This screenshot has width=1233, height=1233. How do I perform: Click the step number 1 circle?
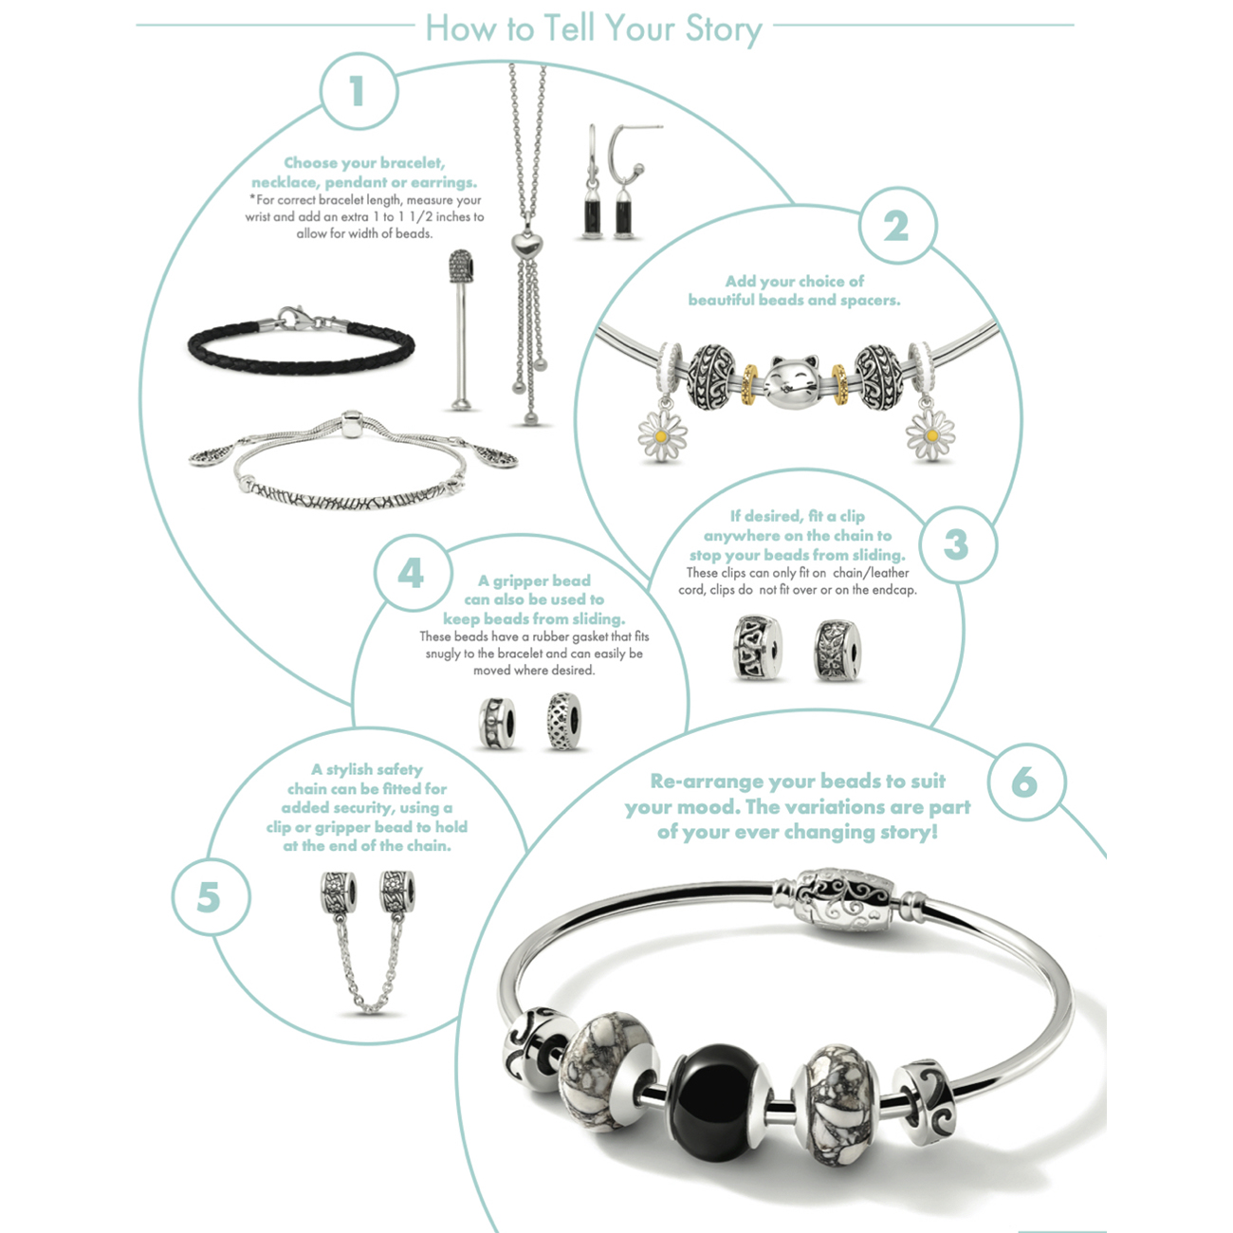point(359,91)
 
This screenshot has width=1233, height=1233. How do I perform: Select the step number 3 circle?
point(957,545)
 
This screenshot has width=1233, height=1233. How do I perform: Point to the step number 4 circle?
point(412,573)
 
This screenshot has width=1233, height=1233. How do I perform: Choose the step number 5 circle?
point(210,897)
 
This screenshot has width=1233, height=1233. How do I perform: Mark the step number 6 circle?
point(1025,782)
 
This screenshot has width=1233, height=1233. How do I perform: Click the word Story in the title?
point(723,29)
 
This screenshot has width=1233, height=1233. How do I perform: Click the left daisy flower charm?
point(662,435)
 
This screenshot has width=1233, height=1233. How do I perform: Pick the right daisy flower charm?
point(930,435)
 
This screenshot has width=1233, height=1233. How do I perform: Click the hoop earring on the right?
point(626,182)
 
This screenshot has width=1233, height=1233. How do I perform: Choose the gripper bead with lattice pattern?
point(563,721)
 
